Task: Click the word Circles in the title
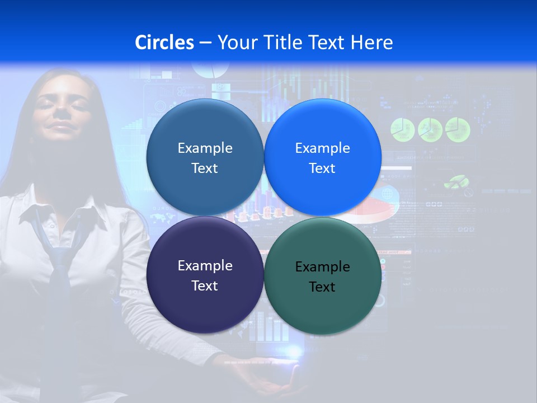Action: (164, 43)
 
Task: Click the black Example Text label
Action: (322, 277)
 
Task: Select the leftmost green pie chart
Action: (402, 129)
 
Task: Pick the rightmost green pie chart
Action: (458, 129)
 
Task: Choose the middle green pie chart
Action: (430, 129)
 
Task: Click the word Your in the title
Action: (236, 43)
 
